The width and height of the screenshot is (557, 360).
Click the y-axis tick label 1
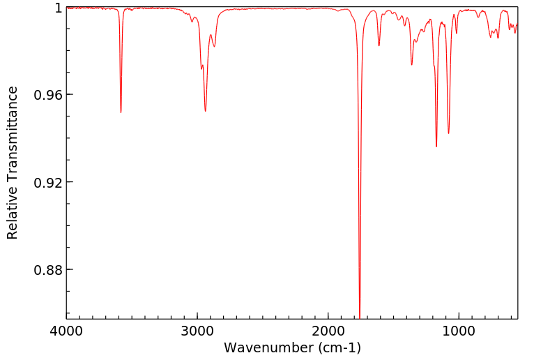coord(59,8)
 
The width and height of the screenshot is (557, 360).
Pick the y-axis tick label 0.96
coord(49,95)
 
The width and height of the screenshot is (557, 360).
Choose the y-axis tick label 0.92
coord(49,182)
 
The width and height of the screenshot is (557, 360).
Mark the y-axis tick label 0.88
coord(49,269)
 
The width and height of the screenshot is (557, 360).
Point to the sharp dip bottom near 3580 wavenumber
coord(121,112)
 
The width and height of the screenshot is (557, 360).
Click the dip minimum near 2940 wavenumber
coord(205,110)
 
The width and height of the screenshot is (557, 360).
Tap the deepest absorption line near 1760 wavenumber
coord(360,315)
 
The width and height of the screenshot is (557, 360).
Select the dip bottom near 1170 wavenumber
coord(436,146)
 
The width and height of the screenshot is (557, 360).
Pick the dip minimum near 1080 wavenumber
coord(448,133)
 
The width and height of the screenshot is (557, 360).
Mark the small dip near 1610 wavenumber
coord(379,45)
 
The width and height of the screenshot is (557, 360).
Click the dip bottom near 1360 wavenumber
coord(412,65)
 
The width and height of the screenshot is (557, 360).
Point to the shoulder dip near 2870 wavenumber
coord(215,46)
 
